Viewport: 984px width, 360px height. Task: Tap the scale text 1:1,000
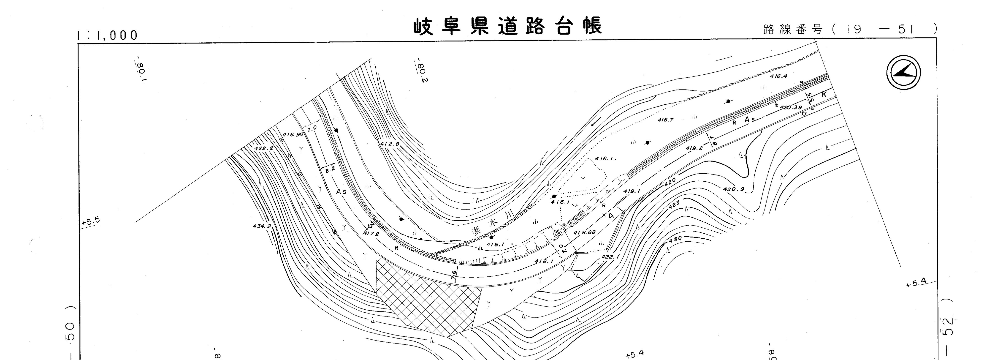(107, 35)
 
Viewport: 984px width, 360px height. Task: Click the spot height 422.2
(264, 148)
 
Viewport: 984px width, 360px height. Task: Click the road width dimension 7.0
(312, 129)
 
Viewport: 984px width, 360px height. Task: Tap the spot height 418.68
(584, 232)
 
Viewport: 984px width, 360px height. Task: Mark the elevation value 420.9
(733, 189)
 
